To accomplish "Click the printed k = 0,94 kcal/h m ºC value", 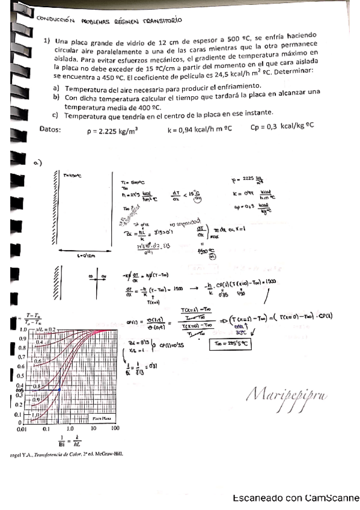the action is (201, 128).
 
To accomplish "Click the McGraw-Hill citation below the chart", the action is (66, 454).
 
